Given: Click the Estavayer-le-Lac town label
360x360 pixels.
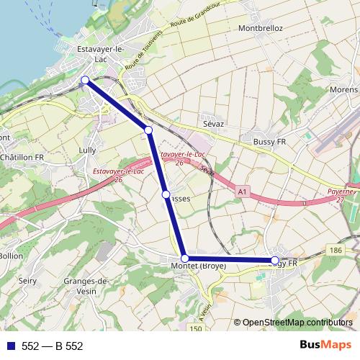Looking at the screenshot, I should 102,53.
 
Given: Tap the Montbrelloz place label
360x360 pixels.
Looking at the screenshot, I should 260,28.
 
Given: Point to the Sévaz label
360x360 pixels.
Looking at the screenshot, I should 212,124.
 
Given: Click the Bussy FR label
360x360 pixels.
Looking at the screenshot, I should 269,143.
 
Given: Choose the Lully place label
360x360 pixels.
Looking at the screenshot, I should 87,150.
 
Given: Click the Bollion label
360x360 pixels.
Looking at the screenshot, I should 11,256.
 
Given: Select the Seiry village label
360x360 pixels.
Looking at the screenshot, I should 28,281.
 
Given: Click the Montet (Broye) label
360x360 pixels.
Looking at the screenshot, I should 199,266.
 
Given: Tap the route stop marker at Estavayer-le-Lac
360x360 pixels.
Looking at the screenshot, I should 85,80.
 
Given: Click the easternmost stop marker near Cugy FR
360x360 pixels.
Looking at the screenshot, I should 275,260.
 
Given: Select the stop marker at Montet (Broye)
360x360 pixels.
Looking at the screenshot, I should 184,258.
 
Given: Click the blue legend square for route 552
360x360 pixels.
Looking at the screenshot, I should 10,346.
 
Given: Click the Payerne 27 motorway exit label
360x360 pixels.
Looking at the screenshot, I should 340,196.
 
